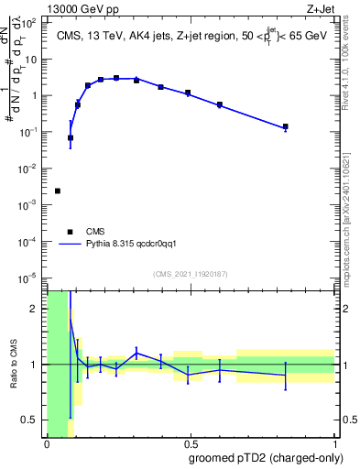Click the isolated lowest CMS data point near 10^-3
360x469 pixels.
58,191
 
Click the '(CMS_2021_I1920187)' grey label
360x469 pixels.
190,274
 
